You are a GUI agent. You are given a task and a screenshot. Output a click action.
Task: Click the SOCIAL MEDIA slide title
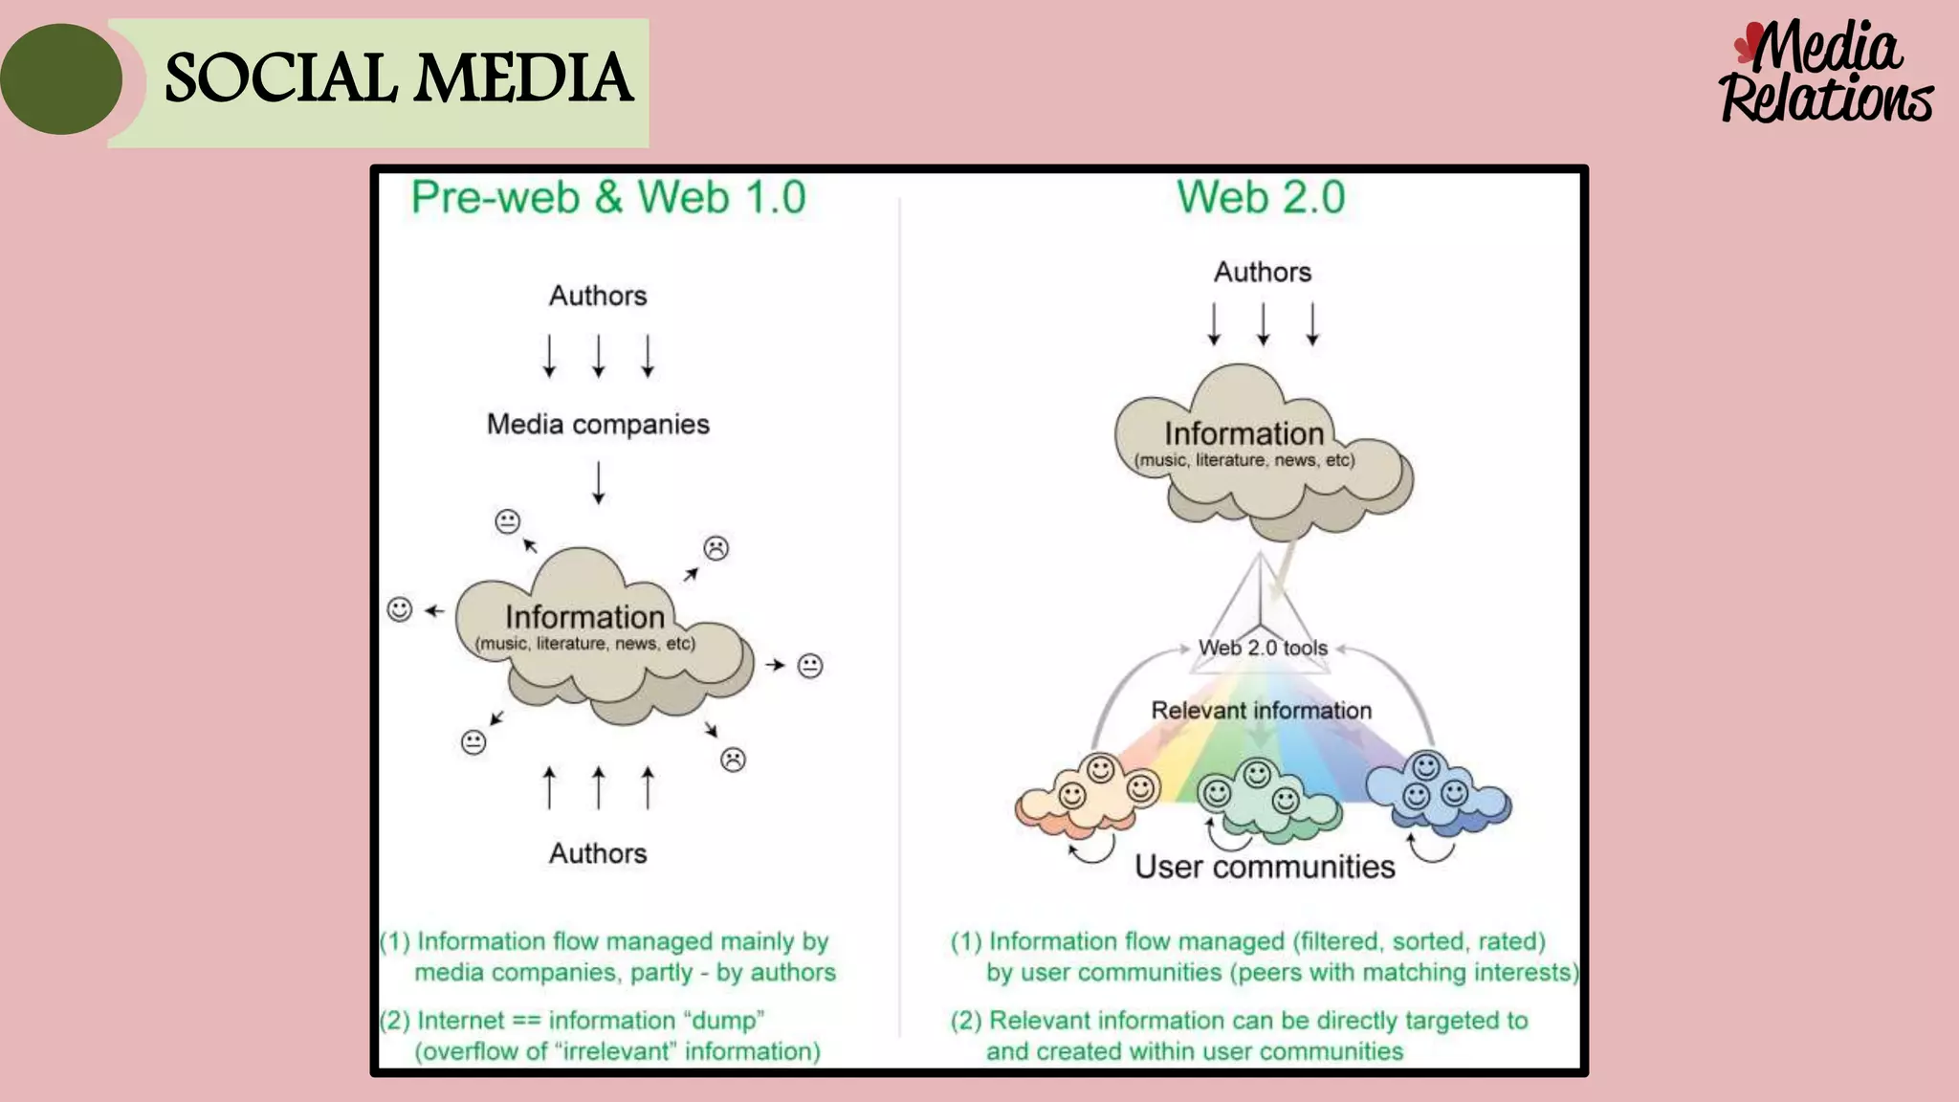398,78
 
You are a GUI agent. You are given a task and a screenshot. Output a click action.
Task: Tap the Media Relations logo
1825,75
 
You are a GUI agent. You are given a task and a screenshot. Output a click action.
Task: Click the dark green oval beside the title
61,78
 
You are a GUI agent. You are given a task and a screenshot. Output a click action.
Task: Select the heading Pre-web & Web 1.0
608,198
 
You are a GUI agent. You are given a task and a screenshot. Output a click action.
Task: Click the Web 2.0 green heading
1261,198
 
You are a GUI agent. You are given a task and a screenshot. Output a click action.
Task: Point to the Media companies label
598,424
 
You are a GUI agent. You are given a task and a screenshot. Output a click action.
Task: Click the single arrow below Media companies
599,482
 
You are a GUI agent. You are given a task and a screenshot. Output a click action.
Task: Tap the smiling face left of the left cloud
399,609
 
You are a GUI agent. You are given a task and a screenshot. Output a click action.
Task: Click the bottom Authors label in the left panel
598,853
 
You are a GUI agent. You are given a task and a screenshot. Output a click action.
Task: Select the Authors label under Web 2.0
1263,272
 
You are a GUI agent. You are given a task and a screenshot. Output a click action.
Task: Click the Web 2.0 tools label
1263,648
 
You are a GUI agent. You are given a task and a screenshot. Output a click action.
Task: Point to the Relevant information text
1261,711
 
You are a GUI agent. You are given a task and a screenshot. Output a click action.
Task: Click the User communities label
1265,867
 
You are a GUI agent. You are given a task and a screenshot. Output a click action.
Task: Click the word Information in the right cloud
1244,433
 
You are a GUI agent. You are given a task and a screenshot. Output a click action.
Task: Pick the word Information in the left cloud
584,617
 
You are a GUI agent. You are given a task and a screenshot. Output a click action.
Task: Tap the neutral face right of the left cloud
810,665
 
